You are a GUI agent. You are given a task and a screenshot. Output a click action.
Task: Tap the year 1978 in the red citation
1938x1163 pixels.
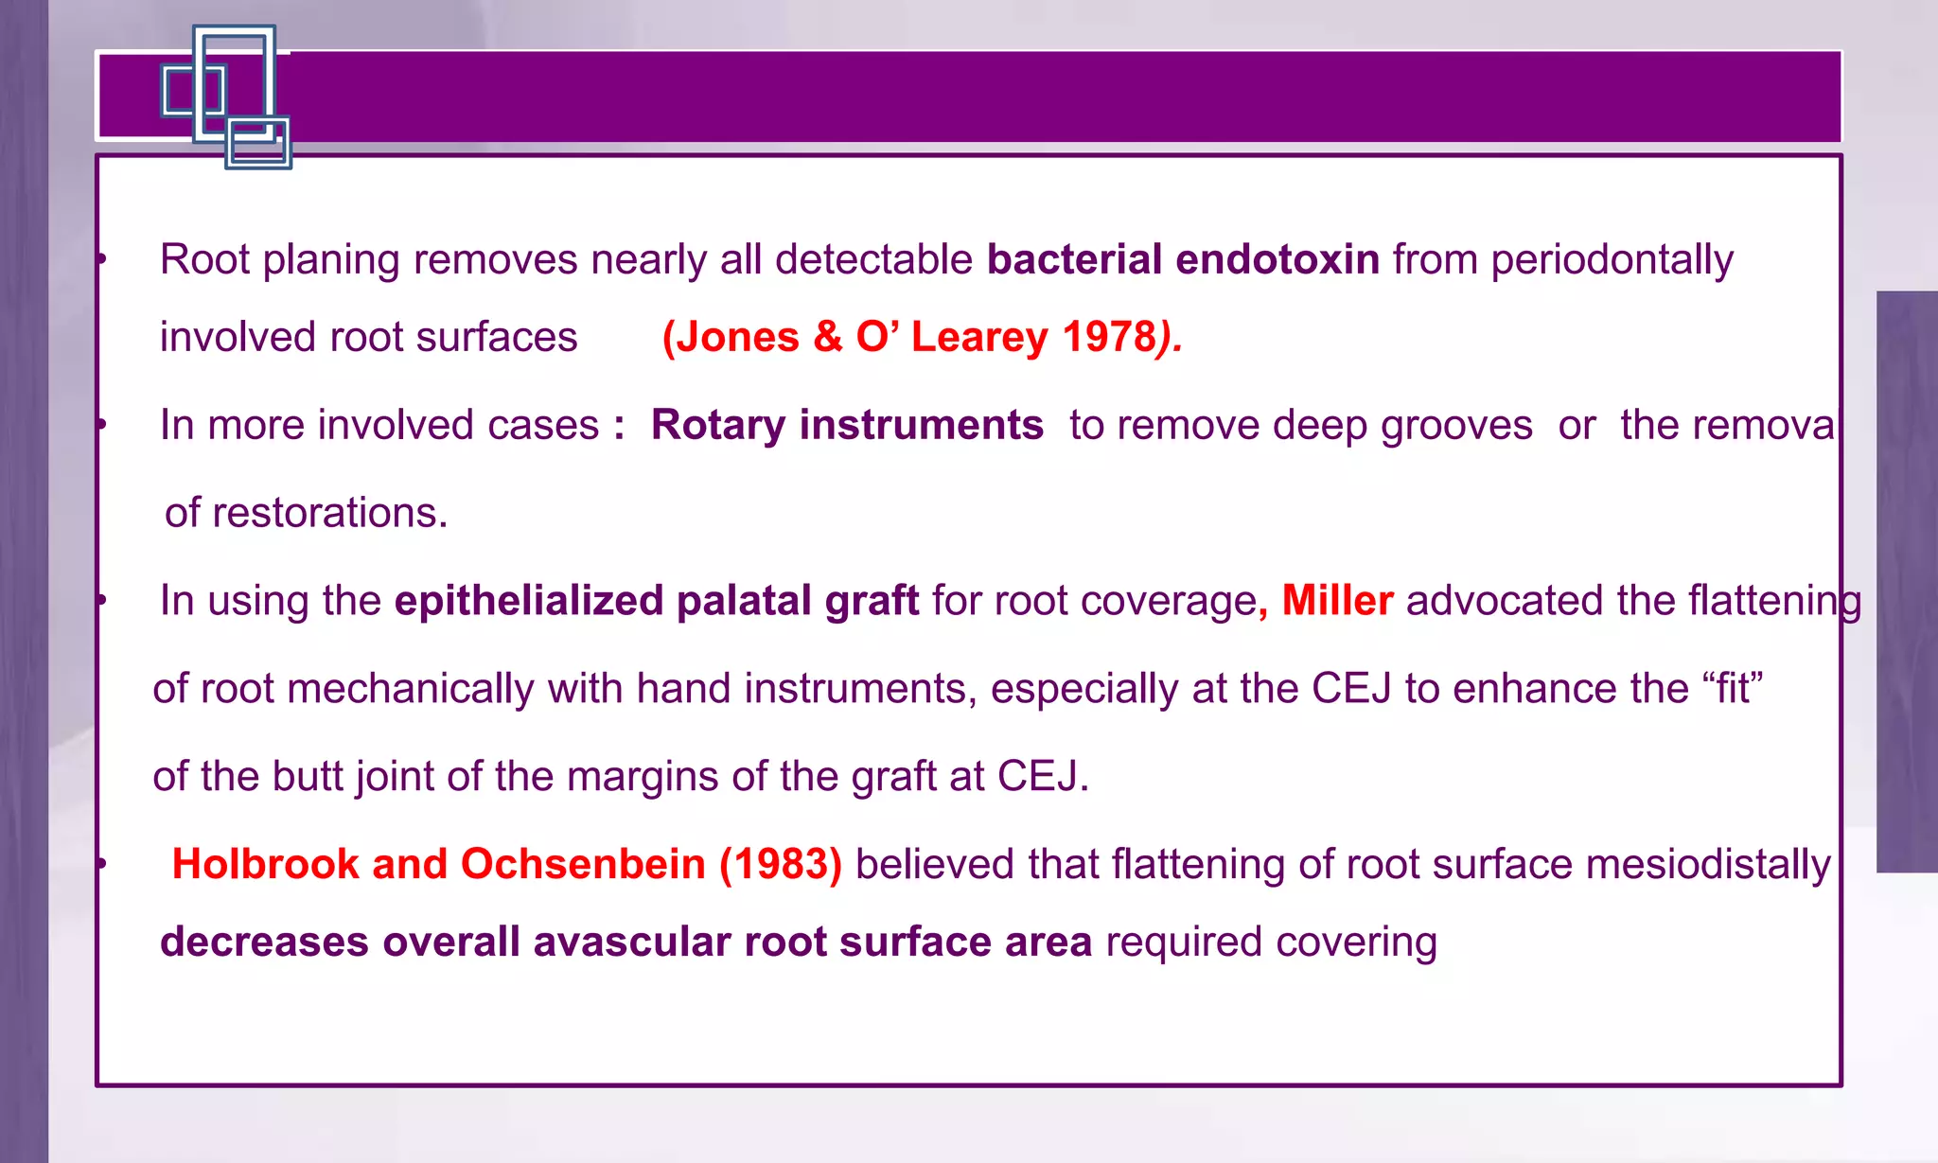pyautogui.click(x=1109, y=338)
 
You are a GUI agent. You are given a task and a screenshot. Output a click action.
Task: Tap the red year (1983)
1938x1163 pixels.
pyautogui.click(x=781, y=865)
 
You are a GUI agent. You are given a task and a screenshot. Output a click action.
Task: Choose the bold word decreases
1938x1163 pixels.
pyautogui.click(x=264, y=943)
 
